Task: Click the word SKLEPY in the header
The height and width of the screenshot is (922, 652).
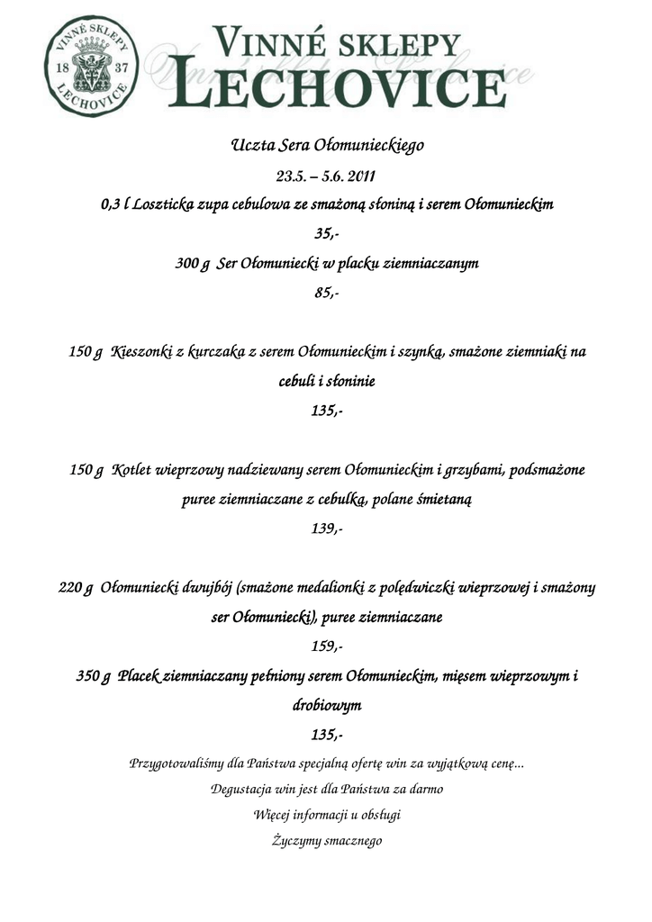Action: pyautogui.click(x=390, y=41)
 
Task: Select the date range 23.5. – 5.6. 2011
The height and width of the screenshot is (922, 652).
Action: pyautogui.click(x=325, y=176)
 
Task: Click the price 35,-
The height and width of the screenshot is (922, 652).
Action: pyautogui.click(x=326, y=234)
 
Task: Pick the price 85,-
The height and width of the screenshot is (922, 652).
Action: pyautogui.click(x=326, y=293)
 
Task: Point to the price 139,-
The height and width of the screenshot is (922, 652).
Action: pyautogui.click(x=326, y=529)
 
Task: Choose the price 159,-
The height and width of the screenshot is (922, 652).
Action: pyautogui.click(x=326, y=646)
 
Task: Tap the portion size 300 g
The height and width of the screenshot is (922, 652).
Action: pyautogui.click(x=192, y=264)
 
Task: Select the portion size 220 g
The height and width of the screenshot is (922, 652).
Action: pyautogui.click(x=76, y=588)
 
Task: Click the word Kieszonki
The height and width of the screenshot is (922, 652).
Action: pyautogui.click(x=141, y=352)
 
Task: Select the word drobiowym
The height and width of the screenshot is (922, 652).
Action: pyautogui.click(x=326, y=705)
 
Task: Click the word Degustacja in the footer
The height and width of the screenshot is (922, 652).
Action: pyautogui.click(x=237, y=789)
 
